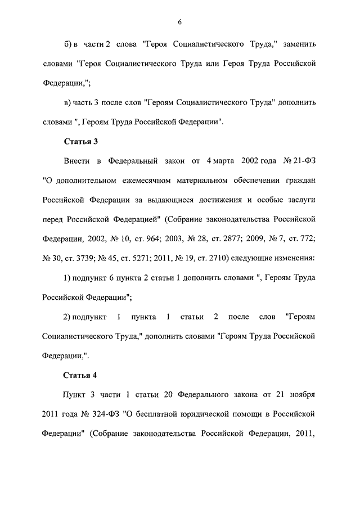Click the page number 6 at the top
click(179, 22)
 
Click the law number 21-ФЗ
click(301, 161)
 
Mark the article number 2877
click(227, 238)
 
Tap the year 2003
click(174, 238)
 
